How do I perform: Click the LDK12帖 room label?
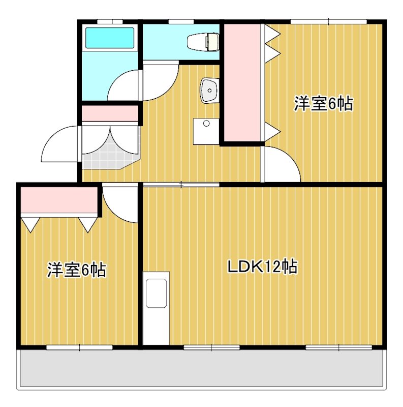(262, 267)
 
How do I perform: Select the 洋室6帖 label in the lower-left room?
(77, 270)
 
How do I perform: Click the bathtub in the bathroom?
(109, 37)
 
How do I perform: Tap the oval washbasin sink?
(209, 91)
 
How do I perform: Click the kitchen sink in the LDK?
(157, 294)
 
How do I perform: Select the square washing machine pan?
(206, 132)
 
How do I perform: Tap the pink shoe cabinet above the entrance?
(110, 113)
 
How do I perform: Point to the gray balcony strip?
(201, 369)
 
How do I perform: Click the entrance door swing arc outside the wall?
(60, 145)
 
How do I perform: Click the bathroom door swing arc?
(125, 86)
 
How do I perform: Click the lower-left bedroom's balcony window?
(79, 347)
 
